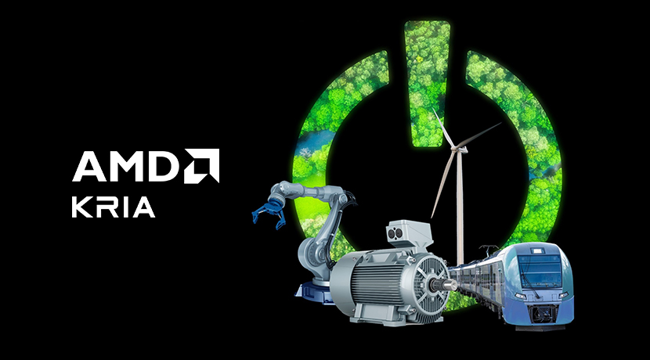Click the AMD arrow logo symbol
click(202, 166)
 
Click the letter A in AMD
click(88, 166)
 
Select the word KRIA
click(114, 207)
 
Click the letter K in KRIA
click(81, 207)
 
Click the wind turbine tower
click(460, 207)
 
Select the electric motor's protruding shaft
click(446, 285)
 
